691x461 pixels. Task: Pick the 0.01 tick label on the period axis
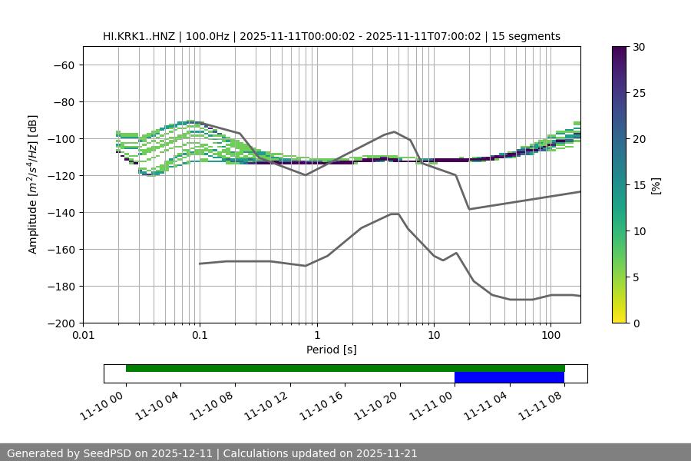coord(83,336)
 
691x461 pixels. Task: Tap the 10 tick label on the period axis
coord(434,336)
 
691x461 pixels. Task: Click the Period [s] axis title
coord(332,350)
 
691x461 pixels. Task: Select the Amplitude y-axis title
coord(32,185)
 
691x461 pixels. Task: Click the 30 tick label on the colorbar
coord(639,47)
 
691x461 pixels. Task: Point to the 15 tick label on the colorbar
coord(639,185)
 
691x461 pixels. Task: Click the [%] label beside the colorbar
coord(656,185)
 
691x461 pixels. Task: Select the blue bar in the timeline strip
coord(509,377)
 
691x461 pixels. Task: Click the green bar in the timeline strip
coord(345,368)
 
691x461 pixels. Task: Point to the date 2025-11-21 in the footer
coord(382,453)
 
